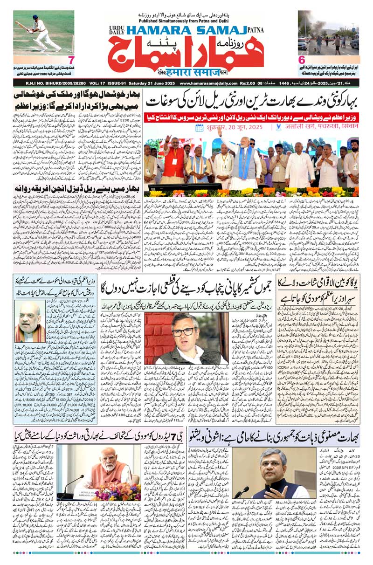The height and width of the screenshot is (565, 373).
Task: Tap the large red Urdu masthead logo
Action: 186,55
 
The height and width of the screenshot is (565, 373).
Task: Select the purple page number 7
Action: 71,60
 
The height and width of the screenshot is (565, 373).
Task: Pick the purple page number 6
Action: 302,60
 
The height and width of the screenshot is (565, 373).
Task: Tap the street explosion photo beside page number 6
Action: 328,33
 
